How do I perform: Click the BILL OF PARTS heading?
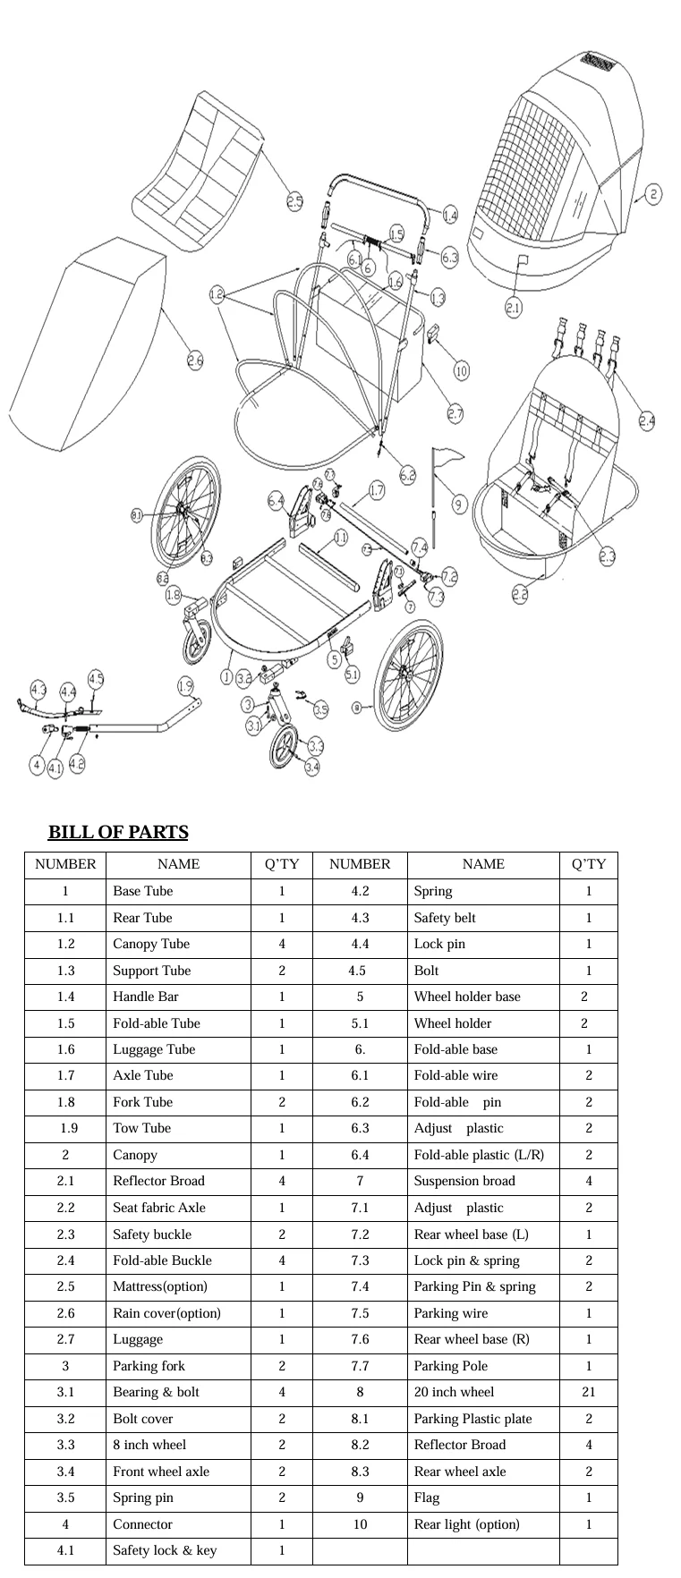click(x=118, y=833)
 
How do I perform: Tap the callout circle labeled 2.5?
click(x=294, y=202)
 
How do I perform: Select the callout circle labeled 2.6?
click(x=195, y=361)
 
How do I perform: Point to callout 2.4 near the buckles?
click(x=646, y=420)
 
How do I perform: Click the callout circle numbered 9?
click(x=459, y=505)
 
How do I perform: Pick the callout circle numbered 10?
click(x=461, y=370)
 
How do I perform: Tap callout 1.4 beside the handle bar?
click(x=450, y=216)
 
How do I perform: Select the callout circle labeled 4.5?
click(x=96, y=679)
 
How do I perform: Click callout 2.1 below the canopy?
click(x=513, y=309)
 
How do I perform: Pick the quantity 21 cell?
click(x=588, y=1392)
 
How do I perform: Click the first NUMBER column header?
click(x=65, y=864)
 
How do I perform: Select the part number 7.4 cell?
click(x=360, y=1286)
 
